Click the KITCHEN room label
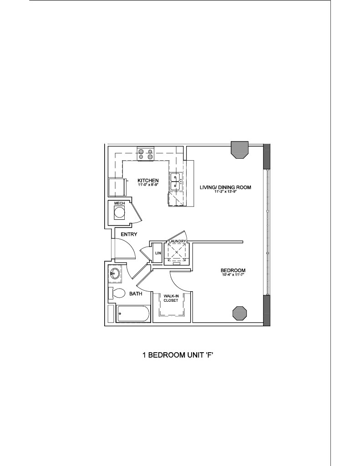(148, 180)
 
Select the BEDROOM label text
(233, 270)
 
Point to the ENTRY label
(129, 234)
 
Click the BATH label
(136, 294)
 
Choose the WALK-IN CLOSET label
(171, 298)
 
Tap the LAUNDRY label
(177, 241)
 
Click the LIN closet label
(158, 253)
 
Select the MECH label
(120, 203)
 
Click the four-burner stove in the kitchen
(146, 154)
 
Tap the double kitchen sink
(176, 181)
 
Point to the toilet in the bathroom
(117, 294)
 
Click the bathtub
(133, 314)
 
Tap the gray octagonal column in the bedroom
(239, 313)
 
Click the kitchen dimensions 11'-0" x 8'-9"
(148, 185)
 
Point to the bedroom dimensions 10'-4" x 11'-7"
(233, 274)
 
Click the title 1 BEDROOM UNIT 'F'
(178, 355)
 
